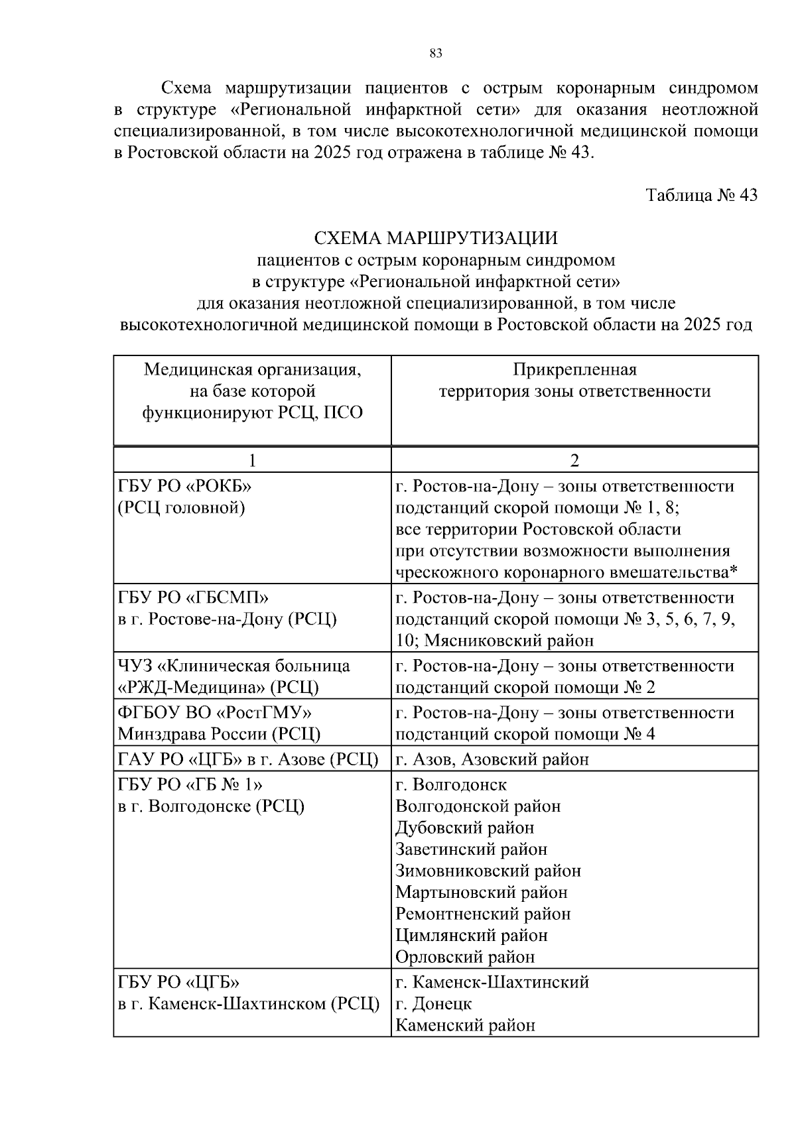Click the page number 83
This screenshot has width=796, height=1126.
click(436, 54)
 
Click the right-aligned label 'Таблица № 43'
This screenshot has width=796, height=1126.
click(702, 196)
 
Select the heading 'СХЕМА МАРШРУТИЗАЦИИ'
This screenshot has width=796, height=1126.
click(436, 238)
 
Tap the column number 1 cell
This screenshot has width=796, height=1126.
click(252, 461)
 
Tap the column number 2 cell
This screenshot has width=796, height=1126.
click(574, 461)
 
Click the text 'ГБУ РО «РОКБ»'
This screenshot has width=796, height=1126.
click(186, 486)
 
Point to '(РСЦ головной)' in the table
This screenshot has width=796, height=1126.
click(182, 508)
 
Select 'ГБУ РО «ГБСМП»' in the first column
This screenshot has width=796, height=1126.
click(193, 597)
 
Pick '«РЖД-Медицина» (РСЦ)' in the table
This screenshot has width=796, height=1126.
click(218, 688)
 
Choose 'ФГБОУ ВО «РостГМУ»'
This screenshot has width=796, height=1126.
click(215, 713)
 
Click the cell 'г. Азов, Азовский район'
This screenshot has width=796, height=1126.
click(492, 759)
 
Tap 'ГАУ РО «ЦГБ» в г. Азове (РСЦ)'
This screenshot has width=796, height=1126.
click(248, 759)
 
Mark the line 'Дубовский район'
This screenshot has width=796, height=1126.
click(464, 828)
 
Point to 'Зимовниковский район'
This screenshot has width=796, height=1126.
click(488, 871)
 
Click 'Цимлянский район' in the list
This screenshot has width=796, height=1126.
click(472, 936)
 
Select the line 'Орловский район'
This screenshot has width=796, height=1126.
click(465, 957)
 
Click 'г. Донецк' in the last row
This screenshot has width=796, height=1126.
click(434, 1004)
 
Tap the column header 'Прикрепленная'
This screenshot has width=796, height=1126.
click(574, 369)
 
